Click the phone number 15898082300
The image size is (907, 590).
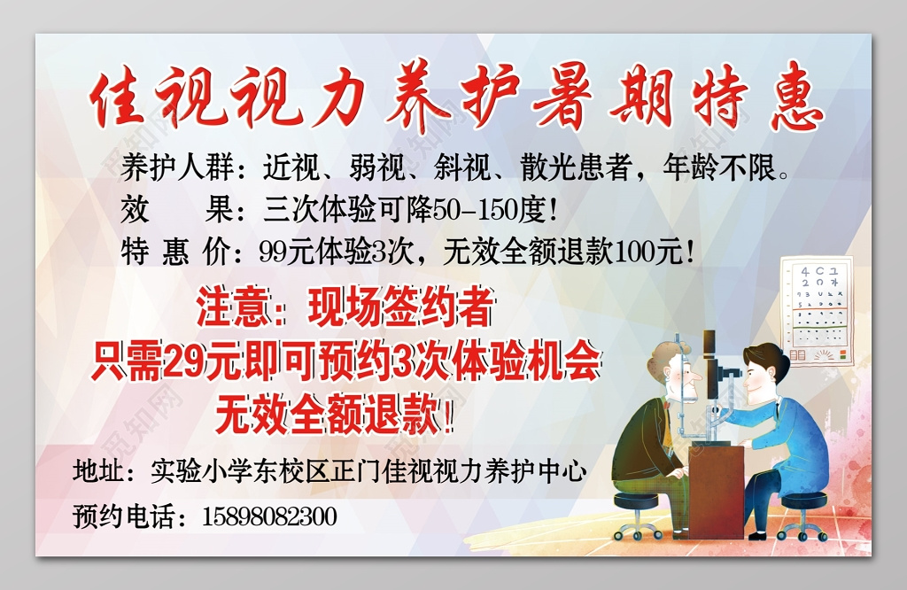pyautogui.click(x=269, y=516)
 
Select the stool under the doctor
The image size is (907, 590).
pyautogui.click(x=802, y=512)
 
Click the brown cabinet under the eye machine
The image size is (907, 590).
pyautogui.click(x=715, y=487)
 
